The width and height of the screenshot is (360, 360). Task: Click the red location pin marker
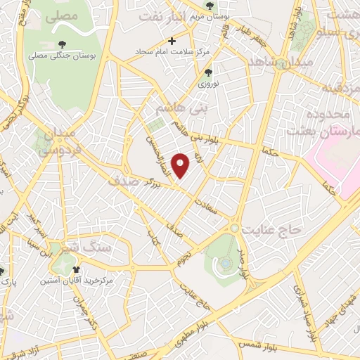coord(181,165)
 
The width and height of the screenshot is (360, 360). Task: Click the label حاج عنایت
coord(266,230)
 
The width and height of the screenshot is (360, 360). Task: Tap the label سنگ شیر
coord(98,248)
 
